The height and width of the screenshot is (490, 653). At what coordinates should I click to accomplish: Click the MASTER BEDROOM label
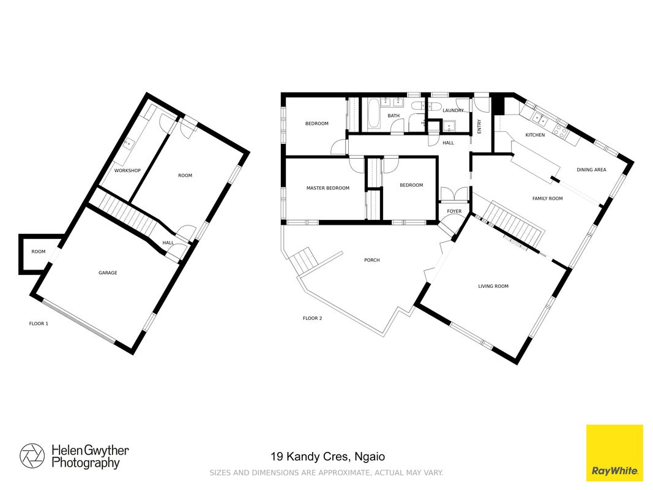click(328, 188)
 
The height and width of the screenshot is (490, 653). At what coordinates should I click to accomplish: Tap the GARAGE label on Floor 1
click(108, 273)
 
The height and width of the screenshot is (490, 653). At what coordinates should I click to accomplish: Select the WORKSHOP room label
click(127, 171)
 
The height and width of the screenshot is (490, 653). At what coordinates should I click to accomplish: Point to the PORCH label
click(372, 260)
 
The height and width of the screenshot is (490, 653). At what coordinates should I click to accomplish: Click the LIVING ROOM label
click(493, 286)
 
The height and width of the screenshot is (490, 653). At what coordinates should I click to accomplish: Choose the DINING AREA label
click(591, 170)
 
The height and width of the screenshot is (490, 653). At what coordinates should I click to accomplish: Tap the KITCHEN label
click(535, 135)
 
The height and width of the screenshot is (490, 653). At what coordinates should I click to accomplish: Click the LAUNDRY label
click(453, 110)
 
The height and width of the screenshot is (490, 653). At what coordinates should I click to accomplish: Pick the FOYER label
click(454, 211)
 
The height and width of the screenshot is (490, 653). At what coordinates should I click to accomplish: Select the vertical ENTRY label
click(479, 127)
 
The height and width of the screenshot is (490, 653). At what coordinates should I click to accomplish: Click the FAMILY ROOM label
click(548, 198)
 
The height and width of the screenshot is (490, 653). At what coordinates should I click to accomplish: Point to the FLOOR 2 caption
click(312, 318)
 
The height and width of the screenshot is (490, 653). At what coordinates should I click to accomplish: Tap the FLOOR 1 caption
click(39, 324)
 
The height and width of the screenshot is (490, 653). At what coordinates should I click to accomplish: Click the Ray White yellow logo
click(614, 453)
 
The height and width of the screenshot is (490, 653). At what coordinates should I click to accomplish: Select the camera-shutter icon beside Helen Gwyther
click(32, 456)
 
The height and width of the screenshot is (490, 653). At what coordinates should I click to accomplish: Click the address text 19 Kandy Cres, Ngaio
click(328, 457)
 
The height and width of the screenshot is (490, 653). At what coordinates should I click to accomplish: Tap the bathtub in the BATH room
click(374, 114)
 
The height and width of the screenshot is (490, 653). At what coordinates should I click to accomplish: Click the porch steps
click(304, 259)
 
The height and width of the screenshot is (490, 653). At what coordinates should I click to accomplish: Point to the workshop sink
click(129, 144)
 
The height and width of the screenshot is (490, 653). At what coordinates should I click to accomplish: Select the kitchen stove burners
click(561, 132)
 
